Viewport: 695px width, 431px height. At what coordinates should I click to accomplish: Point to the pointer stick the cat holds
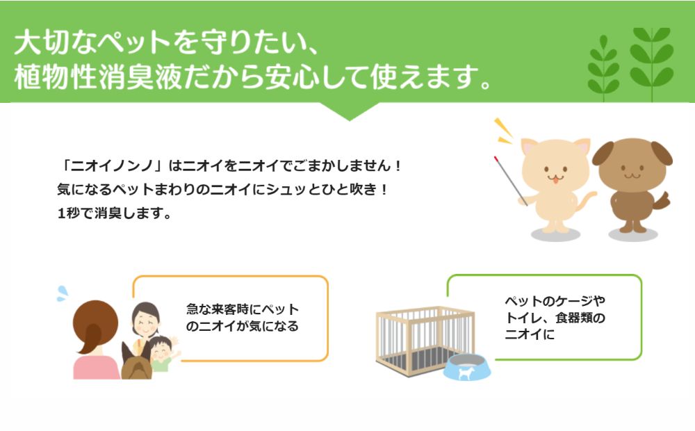(511, 181)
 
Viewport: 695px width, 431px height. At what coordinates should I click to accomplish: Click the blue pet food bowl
(467, 367)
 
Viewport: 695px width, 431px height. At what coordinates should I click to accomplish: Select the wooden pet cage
(425, 339)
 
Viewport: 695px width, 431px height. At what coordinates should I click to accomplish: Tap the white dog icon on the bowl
(466, 373)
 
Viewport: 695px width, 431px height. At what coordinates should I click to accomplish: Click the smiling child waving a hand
(163, 353)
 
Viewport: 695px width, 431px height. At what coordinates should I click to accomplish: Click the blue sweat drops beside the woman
(62, 293)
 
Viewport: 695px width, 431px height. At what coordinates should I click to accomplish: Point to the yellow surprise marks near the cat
(503, 131)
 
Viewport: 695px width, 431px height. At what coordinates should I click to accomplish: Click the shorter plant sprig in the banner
(603, 68)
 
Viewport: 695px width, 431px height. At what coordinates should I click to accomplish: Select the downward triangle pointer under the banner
(350, 111)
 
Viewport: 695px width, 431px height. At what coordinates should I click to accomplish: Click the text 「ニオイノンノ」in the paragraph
(113, 166)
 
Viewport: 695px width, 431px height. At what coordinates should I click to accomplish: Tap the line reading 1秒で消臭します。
(115, 213)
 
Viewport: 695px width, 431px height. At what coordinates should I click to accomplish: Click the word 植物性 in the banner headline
(56, 77)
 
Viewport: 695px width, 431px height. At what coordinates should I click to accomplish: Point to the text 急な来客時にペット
(242, 309)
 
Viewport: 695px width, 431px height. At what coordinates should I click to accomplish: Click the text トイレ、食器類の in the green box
(555, 318)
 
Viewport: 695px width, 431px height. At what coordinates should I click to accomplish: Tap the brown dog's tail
(661, 201)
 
